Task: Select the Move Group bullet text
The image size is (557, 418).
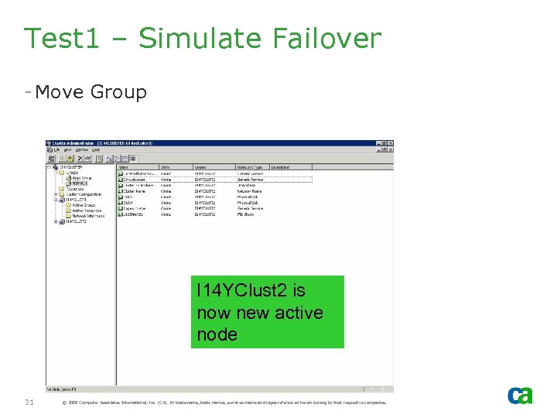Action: click(91, 92)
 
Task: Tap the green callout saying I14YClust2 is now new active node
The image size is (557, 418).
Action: click(267, 312)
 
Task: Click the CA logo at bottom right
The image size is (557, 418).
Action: click(520, 396)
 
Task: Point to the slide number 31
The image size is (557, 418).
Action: click(29, 402)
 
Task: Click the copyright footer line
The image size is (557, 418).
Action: click(223, 403)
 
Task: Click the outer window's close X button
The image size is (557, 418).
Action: click(388, 144)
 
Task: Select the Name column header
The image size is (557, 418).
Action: click(124, 166)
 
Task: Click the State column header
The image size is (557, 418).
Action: click(166, 166)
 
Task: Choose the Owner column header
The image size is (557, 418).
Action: click(200, 166)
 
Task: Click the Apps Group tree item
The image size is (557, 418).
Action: click(80, 177)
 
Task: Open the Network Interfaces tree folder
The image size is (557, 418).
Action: click(88, 216)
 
